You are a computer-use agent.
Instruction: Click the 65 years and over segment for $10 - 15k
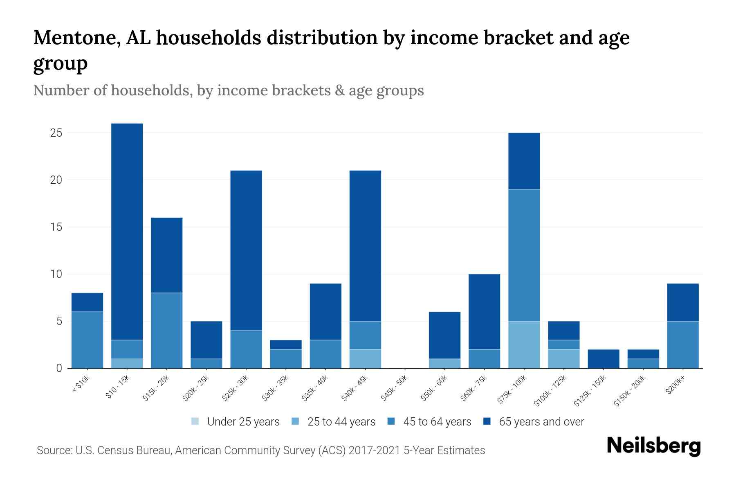(x=127, y=231)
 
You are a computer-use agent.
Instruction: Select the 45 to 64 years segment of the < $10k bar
(x=87, y=340)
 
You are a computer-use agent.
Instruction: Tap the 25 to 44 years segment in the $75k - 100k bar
(x=524, y=345)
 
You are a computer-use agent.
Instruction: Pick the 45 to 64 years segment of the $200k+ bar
(x=683, y=345)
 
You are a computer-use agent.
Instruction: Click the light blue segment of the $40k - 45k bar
(x=365, y=359)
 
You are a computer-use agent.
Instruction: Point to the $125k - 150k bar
(x=603, y=359)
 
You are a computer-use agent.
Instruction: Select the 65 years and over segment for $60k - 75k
(x=484, y=311)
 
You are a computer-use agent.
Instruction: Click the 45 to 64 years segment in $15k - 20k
(x=166, y=330)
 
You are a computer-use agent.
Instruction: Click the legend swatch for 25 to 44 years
(x=295, y=421)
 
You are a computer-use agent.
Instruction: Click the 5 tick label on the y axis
(x=59, y=321)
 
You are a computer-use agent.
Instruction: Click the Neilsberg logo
(x=653, y=446)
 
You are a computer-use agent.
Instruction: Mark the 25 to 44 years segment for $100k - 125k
(x=563, y=359)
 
